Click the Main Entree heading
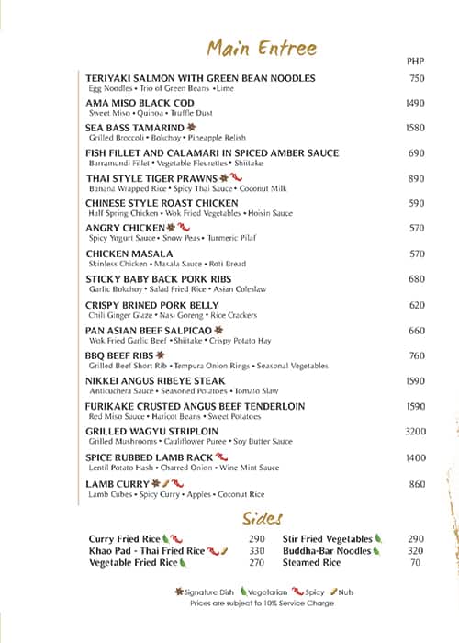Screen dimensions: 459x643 point(262,48)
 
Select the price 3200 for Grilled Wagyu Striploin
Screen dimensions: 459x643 point(416,431)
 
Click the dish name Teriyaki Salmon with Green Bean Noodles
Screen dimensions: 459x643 point(200,78)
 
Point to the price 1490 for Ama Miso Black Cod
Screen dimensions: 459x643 point(416,104)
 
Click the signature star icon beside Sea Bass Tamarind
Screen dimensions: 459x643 point(192,128)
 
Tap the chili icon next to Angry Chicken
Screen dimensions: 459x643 point(184,227)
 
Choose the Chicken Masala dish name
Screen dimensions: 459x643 point(129,254)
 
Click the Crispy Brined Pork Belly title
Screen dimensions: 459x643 point(152,304)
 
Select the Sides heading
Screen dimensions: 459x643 point(262,517)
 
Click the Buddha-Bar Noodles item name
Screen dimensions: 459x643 point(327,551)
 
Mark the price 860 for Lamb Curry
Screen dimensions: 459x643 point(417,483)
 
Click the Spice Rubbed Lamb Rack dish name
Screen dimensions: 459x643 point(149,457)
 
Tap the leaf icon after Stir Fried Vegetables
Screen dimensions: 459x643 point(378,539)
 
